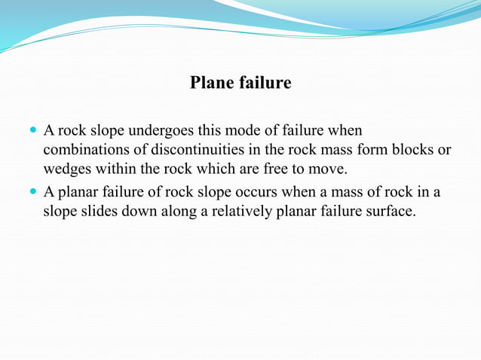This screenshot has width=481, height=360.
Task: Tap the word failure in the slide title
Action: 265,83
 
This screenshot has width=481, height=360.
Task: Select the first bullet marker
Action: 32,130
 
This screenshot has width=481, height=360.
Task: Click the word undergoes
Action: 156,131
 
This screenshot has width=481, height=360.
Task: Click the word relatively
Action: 240,212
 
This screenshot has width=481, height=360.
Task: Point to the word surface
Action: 391,212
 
